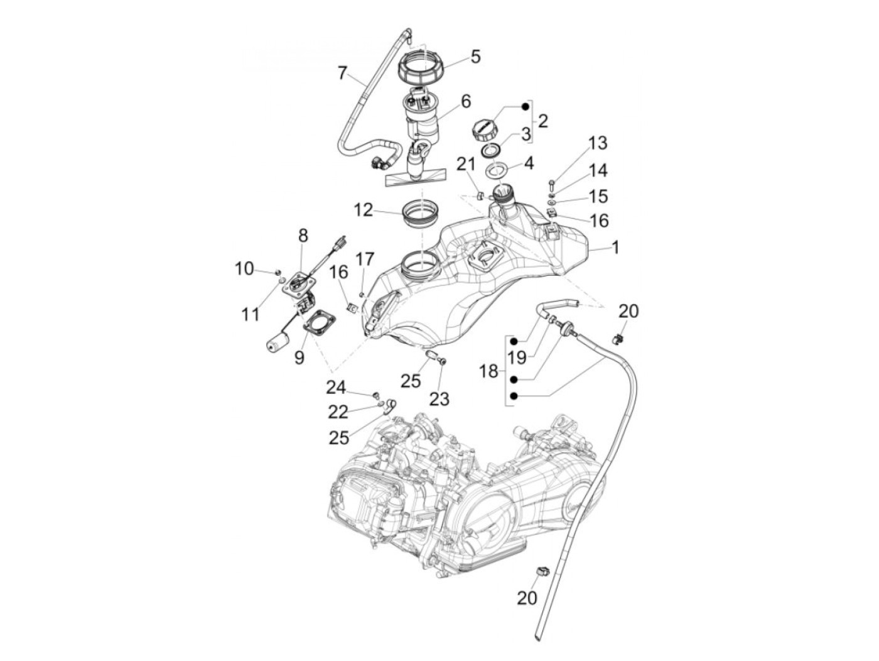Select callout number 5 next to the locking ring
pyautogui.click(x=475, y=57)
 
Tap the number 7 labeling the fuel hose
pyautogui.click(x=342, y=73)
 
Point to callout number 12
pyautogui.click(x=363, y=210)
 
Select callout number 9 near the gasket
pyautogui.click(x=299, y=357)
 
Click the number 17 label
pyautogui.click(x=365, y=259)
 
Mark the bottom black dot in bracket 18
pyautogui.click(x=514, y=396)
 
